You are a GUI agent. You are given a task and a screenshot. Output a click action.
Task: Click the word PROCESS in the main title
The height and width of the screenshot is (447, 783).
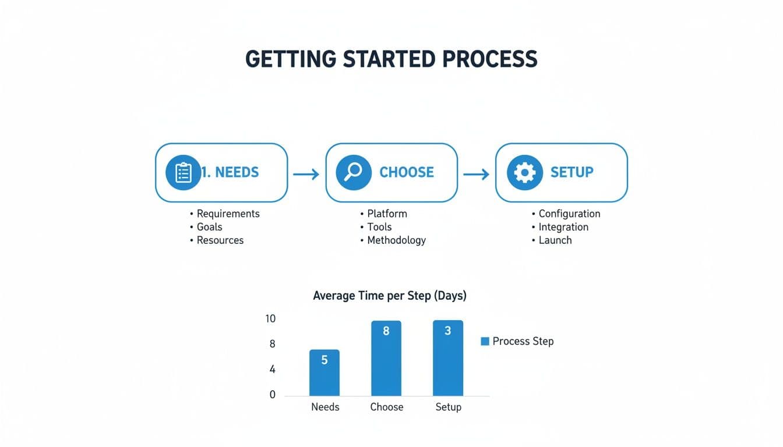pyautogui.click(x=489, y=59)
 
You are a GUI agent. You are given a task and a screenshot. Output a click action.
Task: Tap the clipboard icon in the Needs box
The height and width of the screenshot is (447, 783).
pyautogui.click(x=183, y=173)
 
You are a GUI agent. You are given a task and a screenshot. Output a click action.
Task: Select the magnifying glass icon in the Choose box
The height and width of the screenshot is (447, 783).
pyautogui.click(x=354, y=173)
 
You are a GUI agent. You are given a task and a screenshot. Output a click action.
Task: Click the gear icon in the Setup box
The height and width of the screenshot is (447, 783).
pyautogui.click(x=524, y=173)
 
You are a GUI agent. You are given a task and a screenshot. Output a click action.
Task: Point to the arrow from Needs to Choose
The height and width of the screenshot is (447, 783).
pyautogui.click(x=306, y=174)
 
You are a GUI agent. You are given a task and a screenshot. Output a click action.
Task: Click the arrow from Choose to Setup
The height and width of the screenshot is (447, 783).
pyautogui.click(x=476, y=174)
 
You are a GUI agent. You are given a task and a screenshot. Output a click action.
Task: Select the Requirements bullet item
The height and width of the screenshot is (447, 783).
pyautogui.click(x=228, y=214)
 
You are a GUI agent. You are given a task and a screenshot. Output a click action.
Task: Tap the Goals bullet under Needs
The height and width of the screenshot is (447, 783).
pyautogui.click(x=209, y=227)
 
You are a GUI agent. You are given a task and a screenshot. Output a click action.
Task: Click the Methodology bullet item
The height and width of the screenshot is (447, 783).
pyautogui.click(x=396, y=240)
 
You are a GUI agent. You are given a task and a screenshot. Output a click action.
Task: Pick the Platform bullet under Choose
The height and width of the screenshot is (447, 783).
pyautogui.click(x=387, y=214)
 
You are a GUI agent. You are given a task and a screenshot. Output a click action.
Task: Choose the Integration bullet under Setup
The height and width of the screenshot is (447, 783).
pyautogui.click(x=563, y=227)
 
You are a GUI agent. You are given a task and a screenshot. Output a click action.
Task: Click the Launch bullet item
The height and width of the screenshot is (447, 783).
pyautogui.click(x=555, y=240)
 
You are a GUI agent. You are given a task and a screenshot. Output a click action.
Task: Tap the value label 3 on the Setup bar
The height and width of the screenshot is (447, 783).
pyautogui.click(x=448, y=331)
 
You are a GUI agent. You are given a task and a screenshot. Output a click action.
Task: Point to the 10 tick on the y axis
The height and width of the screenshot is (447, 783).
pyautogui.click(x=270, y=319)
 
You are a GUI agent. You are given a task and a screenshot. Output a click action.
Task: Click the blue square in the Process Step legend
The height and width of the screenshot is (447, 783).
pyautogui.click(x=485, y=342)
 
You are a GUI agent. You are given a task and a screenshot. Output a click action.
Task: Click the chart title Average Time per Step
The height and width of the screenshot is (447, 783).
pyautogui.click(x=389, y=296)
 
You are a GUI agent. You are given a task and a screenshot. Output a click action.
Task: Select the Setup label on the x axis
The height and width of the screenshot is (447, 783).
pyautogui.click(x=448, y=407)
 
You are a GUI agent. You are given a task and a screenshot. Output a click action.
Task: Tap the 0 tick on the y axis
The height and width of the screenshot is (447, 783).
pyautogui.click(x=272, y=395)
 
